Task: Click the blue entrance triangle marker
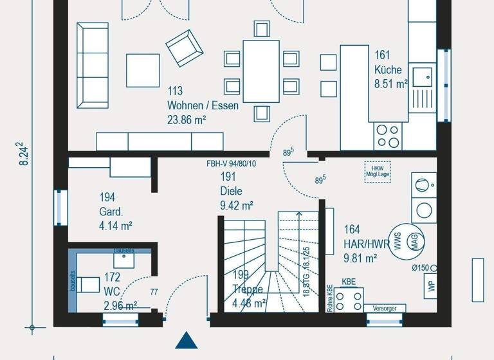[185, 341]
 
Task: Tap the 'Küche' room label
[388, 69]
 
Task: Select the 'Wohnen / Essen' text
[203, 105]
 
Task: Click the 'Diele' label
[231, 191]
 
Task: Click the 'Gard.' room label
[111, 212]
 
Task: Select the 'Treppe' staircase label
[248, 289]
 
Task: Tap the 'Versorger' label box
[385, 309]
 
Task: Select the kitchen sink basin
[423, 76]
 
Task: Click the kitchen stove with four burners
[388, 136]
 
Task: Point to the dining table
[261, 71]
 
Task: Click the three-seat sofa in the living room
[93, 66]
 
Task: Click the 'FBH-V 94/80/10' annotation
[232, 164]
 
